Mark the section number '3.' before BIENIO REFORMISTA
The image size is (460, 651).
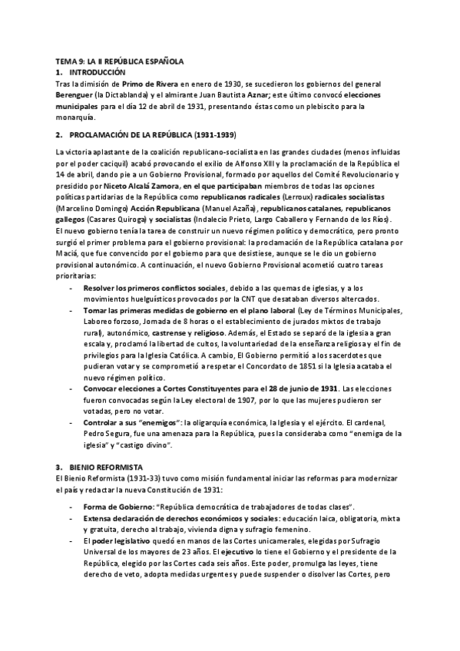pyautogui.click(x=60, y=468)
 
